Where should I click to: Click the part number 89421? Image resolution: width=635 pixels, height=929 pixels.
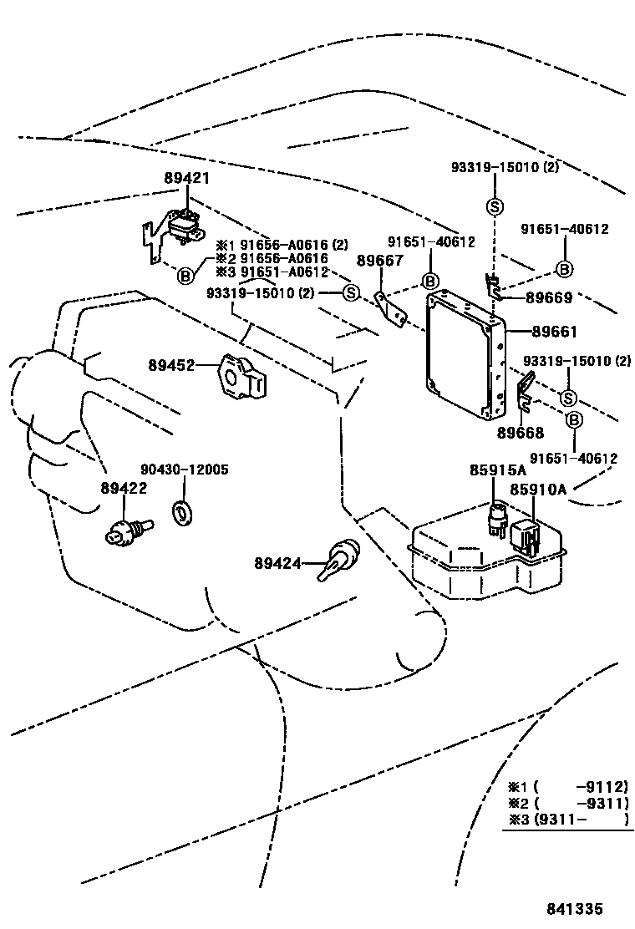[186, 178]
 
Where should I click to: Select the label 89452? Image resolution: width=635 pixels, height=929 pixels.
[171, 365]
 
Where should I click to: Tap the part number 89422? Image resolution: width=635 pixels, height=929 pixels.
[124, 488]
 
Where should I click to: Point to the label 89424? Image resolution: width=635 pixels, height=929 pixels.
[277, 564]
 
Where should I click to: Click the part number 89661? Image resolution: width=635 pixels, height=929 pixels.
[553, 332]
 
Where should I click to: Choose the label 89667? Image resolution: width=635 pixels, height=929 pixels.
[379, 261]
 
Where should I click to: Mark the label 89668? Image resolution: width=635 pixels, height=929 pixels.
[520, 433]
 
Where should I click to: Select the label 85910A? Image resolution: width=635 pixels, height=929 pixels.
[538, 489]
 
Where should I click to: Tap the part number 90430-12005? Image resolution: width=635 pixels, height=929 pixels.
[184, 470]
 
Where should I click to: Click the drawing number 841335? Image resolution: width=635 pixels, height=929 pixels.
[575, 909]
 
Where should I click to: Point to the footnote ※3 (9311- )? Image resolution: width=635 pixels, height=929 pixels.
[567, 819]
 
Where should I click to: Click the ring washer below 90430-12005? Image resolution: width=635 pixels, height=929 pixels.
[181, 514]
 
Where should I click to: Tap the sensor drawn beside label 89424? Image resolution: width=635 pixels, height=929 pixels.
[341, 557]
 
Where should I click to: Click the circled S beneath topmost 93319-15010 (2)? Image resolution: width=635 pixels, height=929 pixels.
[494, 207]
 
